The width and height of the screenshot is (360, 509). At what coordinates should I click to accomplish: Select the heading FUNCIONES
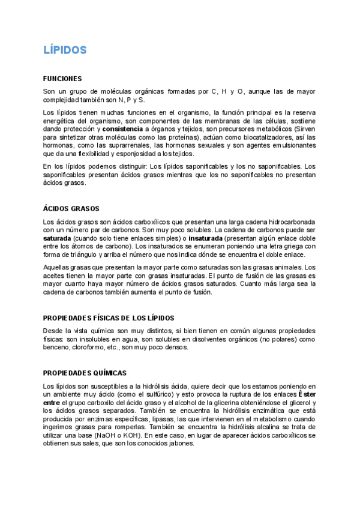62,79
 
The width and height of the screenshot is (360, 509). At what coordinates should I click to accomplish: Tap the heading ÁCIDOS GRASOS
71,209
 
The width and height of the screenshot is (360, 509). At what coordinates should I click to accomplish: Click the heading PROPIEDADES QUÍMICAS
85,373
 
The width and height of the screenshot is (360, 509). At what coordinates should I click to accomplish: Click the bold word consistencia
122,128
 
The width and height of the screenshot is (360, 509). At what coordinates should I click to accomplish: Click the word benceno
56,347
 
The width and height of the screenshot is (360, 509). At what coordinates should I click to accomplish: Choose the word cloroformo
91,347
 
